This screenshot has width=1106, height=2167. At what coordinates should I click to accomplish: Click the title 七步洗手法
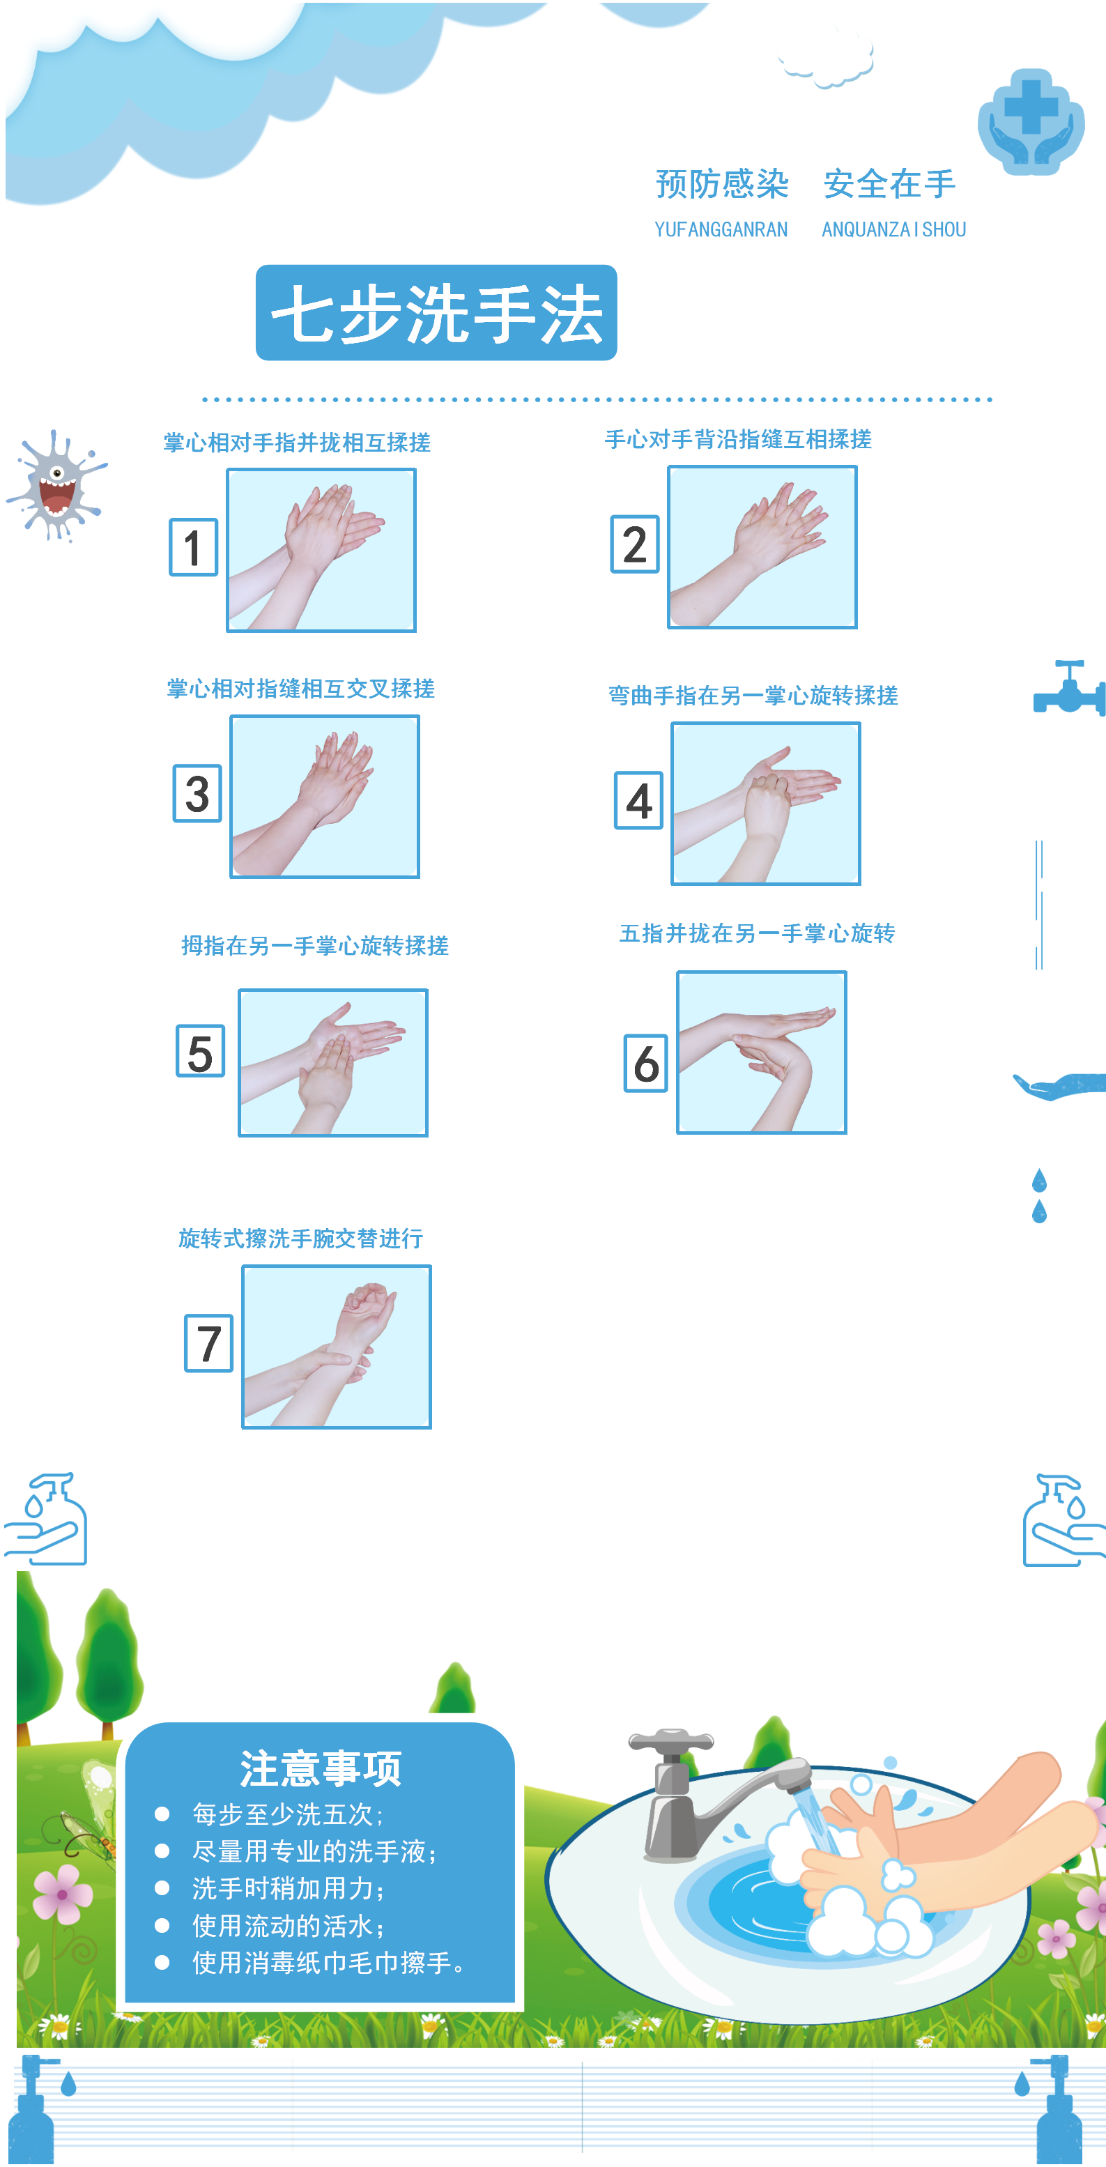pyautogui.click(x=436, y=313)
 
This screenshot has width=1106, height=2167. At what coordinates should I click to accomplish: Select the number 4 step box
pyautogui.click(x=638, y=800)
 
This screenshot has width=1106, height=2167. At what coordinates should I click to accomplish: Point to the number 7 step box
pyautogui.click(x=208, y=1343)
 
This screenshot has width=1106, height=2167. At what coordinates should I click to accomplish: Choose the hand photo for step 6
pyautogui.click(x=761, y=1052)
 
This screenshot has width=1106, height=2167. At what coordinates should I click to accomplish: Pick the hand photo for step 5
pyautogui.click(x=333, y=1062)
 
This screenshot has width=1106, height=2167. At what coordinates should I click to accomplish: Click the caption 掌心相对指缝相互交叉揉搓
pyautogui.click(x=300, y=689)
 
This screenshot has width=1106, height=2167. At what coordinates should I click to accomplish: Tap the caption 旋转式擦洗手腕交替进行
pyautogui.click(x=300, y=1239)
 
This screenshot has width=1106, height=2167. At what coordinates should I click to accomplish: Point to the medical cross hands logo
pyautogui.click(x=1030, y=122)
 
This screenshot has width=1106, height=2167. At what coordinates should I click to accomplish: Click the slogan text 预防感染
pyautogui.click(x=721, y=184)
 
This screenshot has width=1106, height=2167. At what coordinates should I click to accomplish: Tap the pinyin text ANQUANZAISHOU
pyautogui.click(x=893, y=229)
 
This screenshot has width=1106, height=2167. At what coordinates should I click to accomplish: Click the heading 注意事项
pyautogui.click(x=321, y=1768)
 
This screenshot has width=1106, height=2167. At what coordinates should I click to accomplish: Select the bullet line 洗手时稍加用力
pyautogui.click(x=288, y=1889)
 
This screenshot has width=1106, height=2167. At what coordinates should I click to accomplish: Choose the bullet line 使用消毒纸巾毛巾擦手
pyautogui.click(x=328, y=1963)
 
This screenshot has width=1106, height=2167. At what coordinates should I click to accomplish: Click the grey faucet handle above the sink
pyautogui.click(x=671, y=1740)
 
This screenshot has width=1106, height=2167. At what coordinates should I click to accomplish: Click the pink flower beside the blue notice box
pyautogui.click(x=62, y=1894)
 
